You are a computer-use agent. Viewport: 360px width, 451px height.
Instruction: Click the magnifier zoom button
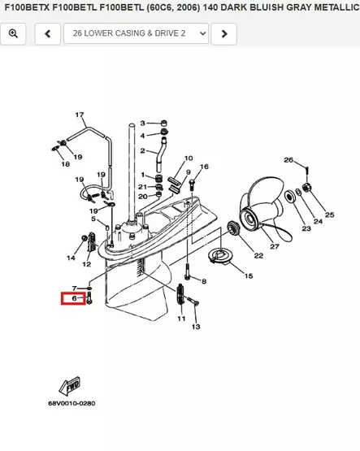pos(13,33)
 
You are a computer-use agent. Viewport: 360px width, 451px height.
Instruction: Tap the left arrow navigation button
pos(48,33)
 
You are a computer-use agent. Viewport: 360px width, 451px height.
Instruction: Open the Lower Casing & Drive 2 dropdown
pos(136,33)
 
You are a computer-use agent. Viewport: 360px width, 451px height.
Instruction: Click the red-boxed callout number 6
pos(74,298)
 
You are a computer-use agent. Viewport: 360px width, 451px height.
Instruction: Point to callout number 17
pos(80,115)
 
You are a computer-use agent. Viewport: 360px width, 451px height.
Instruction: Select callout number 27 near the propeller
pos(275,246)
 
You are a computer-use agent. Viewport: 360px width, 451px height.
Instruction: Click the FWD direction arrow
pos(70,386)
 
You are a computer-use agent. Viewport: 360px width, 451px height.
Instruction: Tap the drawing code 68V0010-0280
pos(72,403)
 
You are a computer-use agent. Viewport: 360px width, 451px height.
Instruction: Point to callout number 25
pos(329,215)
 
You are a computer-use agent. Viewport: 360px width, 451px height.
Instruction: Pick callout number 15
pos(249,275)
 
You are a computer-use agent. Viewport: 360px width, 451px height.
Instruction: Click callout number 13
pos(196,327)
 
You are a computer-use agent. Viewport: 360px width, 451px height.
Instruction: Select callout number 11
pos(181,319)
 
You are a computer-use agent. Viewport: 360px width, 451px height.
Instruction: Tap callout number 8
pos(204,281)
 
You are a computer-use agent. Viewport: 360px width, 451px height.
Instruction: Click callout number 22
pos(258,255)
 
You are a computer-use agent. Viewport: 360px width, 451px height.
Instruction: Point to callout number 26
pos(288,159)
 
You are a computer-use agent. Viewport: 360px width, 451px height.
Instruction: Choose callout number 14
pos(71,258)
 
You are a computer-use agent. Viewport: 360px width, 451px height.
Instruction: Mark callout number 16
pos(204,167)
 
